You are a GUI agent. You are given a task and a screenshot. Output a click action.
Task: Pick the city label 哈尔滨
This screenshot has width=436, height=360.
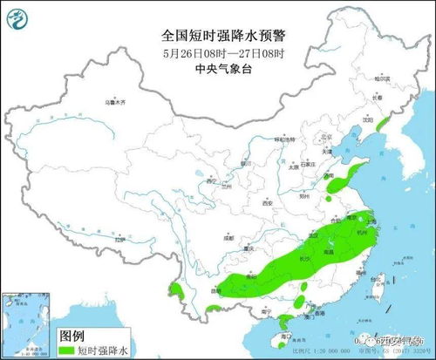click(379, 78)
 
